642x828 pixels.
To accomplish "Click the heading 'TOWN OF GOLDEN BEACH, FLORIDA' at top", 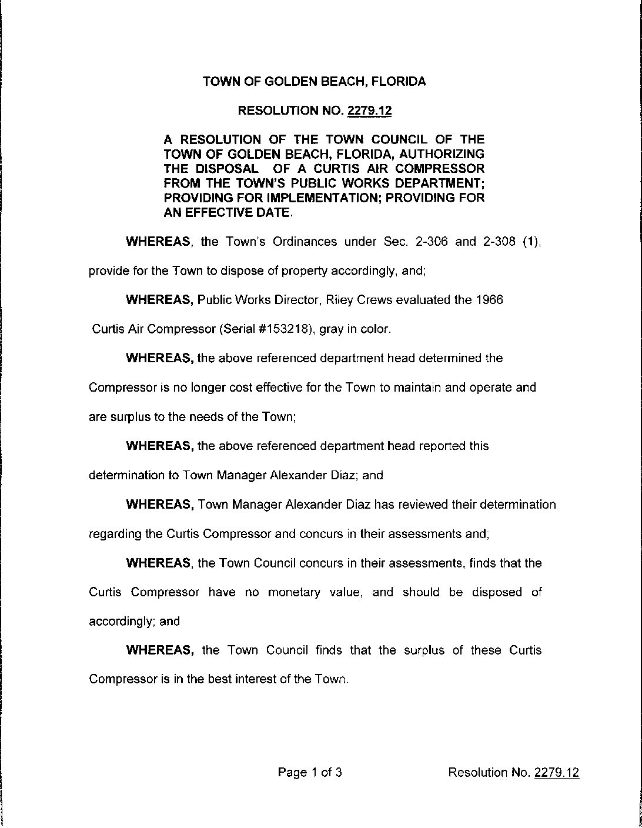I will tap(314, 82).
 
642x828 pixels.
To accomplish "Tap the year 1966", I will tap(489, 300).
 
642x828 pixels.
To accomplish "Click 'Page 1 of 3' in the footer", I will tap(310, 772).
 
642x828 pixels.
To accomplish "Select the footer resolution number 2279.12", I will tap(556, 772).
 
